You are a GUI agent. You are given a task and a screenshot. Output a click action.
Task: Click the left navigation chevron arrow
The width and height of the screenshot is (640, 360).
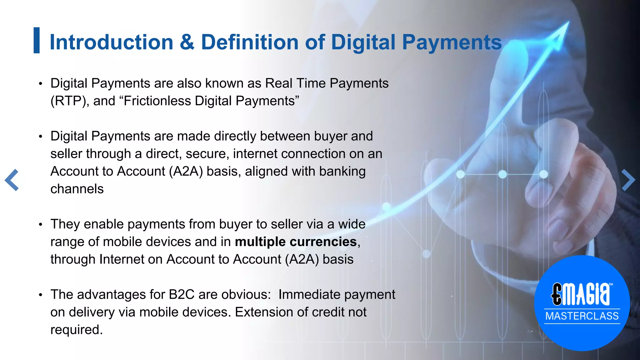coord(12,180)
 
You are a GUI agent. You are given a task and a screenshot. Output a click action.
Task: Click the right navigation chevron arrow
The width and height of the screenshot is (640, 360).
coord(628,180)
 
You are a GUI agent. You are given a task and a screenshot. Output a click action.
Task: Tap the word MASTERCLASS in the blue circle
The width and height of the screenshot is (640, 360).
coord(582,316)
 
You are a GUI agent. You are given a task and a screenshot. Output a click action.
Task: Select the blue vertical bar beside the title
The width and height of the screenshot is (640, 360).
coord(37,40)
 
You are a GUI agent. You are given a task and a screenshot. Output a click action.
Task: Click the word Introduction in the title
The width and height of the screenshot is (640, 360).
coord(111,42)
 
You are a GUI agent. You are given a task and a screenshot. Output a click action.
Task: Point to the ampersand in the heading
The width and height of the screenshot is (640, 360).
coord(187,42)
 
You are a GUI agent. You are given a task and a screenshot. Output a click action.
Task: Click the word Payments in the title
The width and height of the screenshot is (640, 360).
coord(452,42)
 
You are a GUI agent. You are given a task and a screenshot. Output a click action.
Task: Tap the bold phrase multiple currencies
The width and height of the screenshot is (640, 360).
coord(296,242)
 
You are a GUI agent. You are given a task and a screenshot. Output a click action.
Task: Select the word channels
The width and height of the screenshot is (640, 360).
coord(77,189)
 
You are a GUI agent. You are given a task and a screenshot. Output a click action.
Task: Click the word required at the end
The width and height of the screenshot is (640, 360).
coord(76,330)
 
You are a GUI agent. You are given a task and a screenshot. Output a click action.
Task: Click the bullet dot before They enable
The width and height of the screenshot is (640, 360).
coord(40,225)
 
